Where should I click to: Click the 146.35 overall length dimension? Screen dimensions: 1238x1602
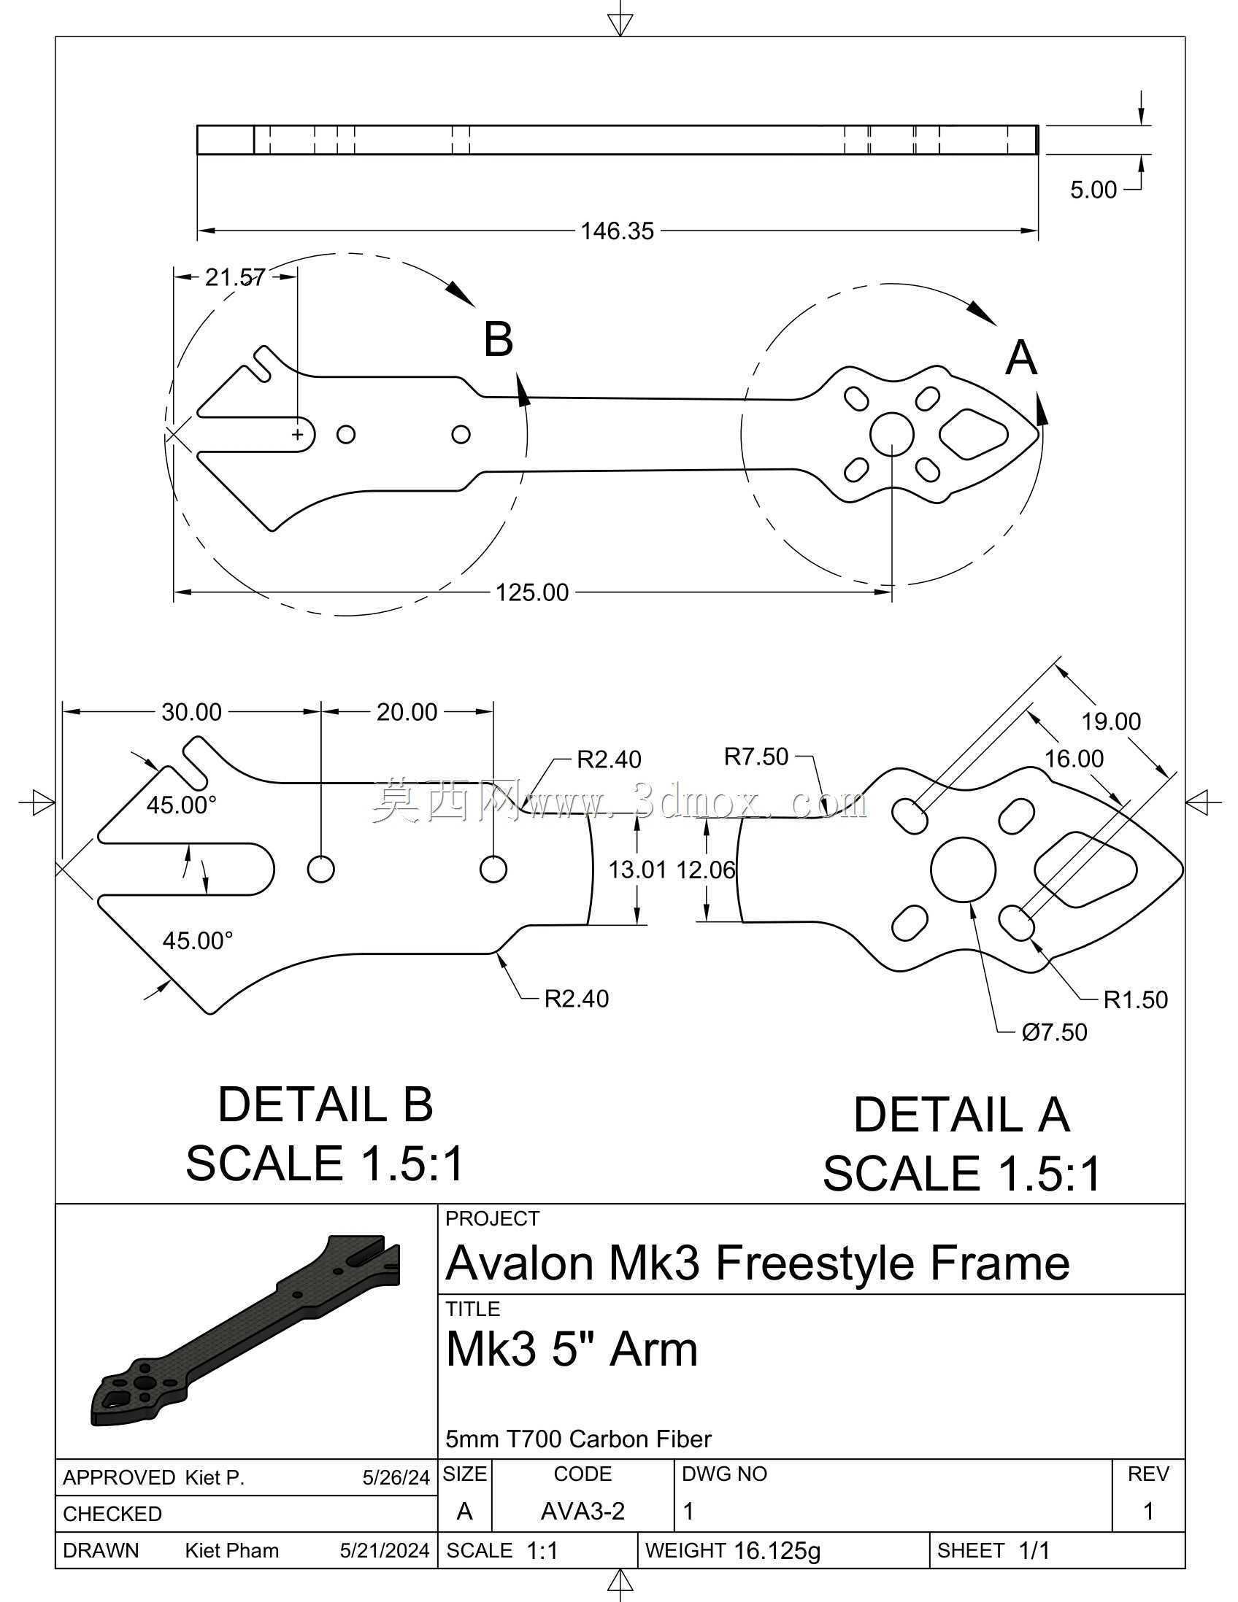click(616, 231)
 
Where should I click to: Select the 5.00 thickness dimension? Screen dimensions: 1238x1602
click(1093, 190)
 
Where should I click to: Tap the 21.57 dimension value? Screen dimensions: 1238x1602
click(235, 277)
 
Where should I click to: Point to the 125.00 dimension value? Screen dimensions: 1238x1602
click(532, 592)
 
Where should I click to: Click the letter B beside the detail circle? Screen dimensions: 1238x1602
click(499, 340)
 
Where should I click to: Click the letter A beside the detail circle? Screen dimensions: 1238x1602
click(1020, 359)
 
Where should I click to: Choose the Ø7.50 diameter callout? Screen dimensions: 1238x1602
click(1054, 1032)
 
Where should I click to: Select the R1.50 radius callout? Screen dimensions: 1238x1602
click(1135, 999)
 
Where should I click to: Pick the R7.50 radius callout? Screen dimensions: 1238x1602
click(756, 756)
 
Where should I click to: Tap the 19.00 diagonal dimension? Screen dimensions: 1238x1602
click(1111, 721)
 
